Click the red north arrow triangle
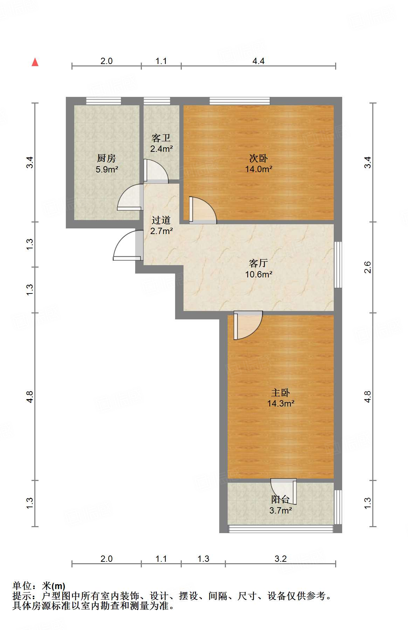[x=35, y=62]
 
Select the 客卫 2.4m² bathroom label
[x=161, y=143]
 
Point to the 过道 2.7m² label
[x=161, y=225]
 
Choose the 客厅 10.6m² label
[x=258, y=268]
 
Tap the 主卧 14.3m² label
[x=281, y=398]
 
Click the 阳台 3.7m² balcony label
[x=281, y=505]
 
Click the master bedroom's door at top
[x=247, y=325]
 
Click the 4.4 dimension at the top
[x=258, y=61]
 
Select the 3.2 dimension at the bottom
[x=281, y=559]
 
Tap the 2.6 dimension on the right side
[x=367, y=267]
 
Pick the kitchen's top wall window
[x=104, y=101]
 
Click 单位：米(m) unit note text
[x=39, y=586]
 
